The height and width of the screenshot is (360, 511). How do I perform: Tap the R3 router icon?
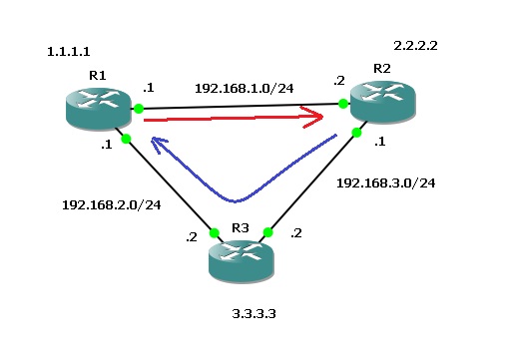click(241, 262)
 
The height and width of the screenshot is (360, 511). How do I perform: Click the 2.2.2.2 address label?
click(418, 46)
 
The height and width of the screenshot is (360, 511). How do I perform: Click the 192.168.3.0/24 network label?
click(385, 183)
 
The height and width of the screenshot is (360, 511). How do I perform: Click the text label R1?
click(97, 76)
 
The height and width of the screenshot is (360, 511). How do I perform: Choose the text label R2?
click(382, 68)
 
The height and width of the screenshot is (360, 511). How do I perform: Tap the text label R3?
click(240, 228)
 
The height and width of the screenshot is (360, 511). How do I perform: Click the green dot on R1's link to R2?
click(140, 108)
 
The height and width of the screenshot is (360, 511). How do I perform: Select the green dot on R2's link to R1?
click(342, 103)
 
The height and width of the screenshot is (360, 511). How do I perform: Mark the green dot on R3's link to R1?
click(214, 233)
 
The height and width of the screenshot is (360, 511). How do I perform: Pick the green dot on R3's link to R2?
click(267, 233)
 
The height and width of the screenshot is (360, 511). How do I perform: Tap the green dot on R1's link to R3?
click(126, 139)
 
